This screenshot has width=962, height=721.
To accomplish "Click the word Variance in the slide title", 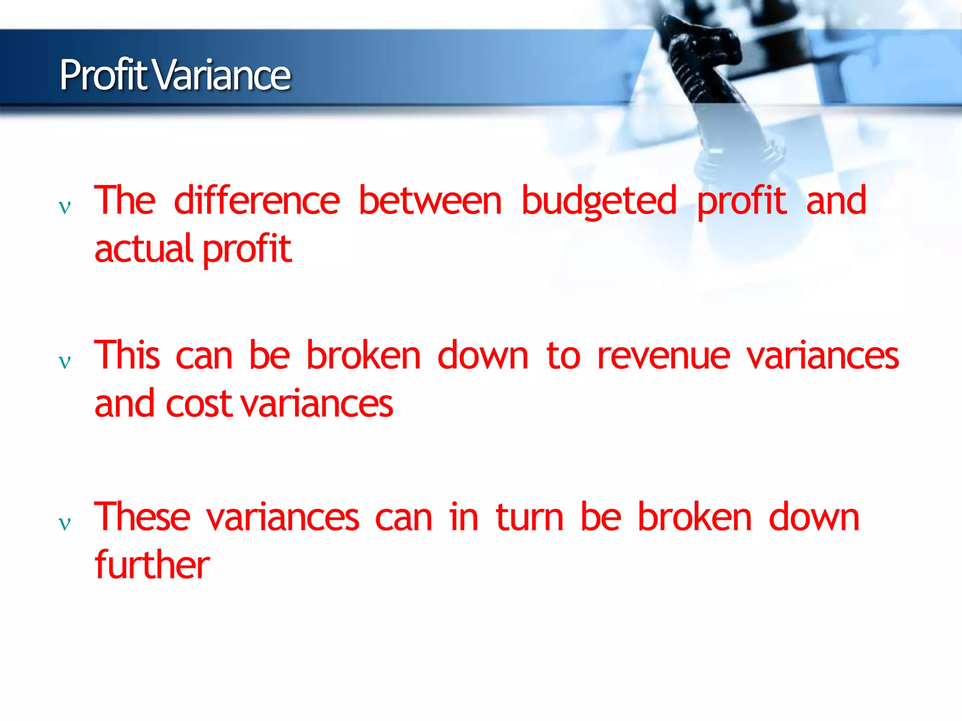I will (x=222, y=75).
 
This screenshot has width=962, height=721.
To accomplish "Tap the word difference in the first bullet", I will (x=256, y=200).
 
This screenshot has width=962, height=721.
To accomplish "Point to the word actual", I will (x=144, y=249).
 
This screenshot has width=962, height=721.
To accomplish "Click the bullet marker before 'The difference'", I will (x=64, y=207).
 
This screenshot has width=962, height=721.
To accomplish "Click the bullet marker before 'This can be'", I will (x=64, y=361).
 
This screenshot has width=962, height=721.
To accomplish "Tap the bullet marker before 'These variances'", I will (x=64, y=522).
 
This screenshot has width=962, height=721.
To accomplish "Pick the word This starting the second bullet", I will (x=127, y=355).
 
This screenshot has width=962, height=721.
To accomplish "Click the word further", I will (x=152, y=565).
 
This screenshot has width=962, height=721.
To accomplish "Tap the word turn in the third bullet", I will (x=529, y=517).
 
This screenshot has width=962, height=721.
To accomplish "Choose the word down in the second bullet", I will (x=483, y=355).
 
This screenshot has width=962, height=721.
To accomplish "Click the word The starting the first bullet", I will (x=124, y=200).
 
